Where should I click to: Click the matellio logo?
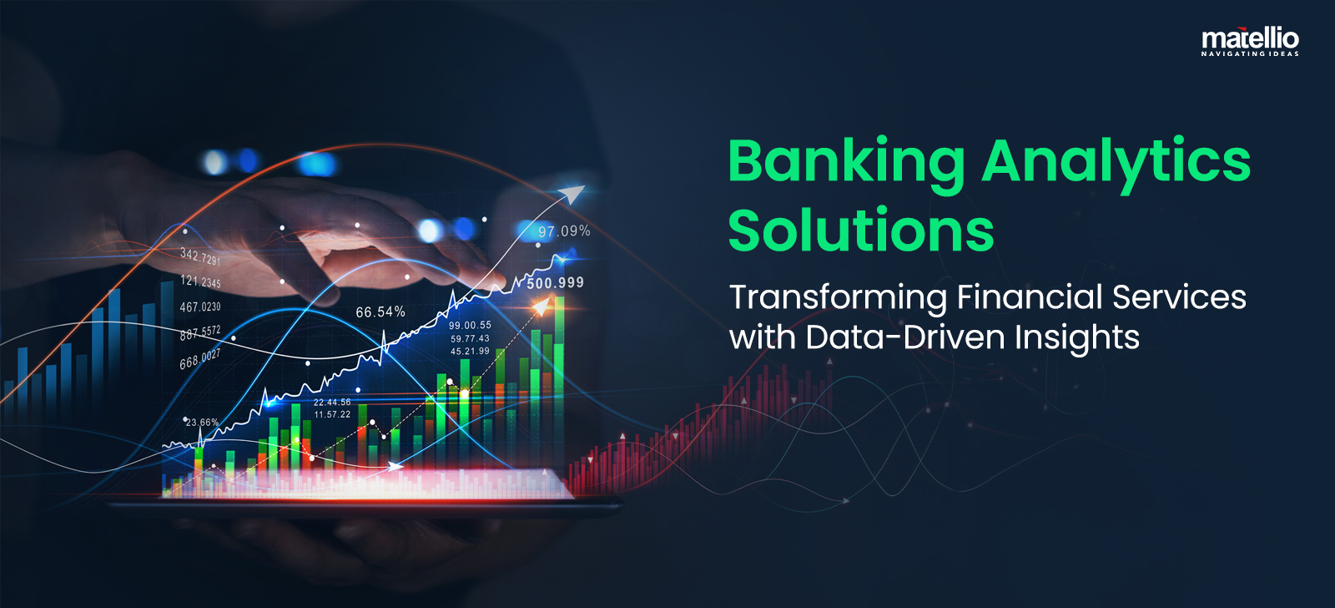pos(1250,41)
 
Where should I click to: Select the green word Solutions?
pos(861,230)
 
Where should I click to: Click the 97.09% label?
pos(564,231)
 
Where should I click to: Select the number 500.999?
pos(556,283)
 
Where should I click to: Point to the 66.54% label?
pos(380,312)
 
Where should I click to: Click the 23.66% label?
pos(202,423)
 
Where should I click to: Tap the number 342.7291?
pos(200,257)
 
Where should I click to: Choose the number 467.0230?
pos(200,307)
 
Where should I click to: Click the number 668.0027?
pos(200,359)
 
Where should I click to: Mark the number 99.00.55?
pos(471,325)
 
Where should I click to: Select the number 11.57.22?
pos(333,414)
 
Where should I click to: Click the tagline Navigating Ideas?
pos(1250,53)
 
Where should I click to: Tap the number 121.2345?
pos(200,281)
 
